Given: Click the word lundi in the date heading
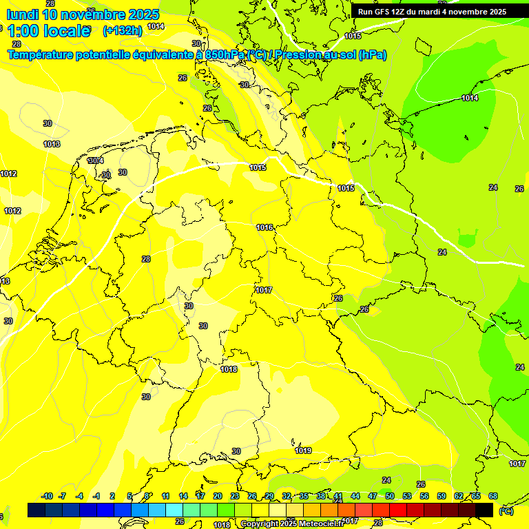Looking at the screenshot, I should (22, 14).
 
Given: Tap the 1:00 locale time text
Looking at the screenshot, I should (48, 31).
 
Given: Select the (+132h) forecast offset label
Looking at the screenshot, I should (122, 30).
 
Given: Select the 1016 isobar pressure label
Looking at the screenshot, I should (264, 227).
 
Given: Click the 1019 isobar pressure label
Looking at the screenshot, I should (303, 450).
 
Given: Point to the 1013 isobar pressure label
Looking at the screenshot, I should (52, 144).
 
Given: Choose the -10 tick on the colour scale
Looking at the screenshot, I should (47, 496).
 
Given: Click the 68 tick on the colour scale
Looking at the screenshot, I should (493, 496).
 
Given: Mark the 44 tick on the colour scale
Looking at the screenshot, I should (355, 496).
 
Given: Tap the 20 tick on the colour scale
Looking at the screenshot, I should (217, 496).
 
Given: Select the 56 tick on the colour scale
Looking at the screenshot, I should (424, 496).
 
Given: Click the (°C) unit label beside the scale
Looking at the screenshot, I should (506, 511).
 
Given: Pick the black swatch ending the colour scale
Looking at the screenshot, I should (484, 510).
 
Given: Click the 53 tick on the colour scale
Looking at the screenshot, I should (407, 496).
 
